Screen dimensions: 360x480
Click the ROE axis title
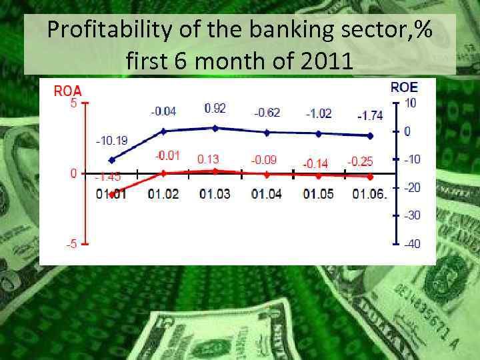point(404,87)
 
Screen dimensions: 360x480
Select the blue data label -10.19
point(112,141)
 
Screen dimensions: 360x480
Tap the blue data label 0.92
point(215,108)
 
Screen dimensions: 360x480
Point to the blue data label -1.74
point(370,115)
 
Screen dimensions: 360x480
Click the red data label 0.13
point(208,159)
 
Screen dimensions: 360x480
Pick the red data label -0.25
point(361,161)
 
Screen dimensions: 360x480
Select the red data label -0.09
point(263,160)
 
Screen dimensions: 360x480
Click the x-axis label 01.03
point(215,195)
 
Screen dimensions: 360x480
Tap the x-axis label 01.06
point(369,195)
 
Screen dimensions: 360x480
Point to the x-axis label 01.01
point(112,195)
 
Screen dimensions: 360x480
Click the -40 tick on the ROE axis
point(412,244)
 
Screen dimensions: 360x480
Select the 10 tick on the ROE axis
point(411,103)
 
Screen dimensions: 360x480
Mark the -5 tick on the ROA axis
point(71,244)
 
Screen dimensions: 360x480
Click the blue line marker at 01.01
point(112,160)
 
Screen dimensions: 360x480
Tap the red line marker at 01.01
point(112,193)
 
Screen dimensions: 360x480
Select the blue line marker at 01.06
point(371,135)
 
